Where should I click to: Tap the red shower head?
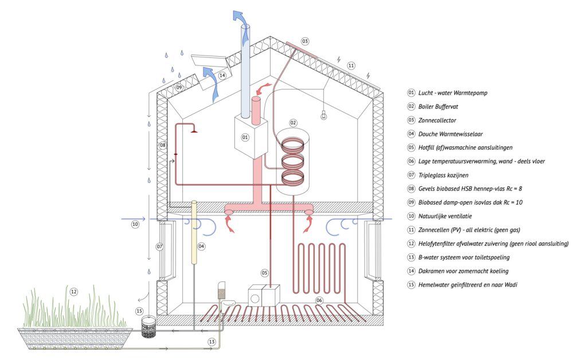click(194, 131)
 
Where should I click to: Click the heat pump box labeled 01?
click(251, 137)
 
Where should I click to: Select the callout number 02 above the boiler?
click(293, 123)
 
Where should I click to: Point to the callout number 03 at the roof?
click(305, 41)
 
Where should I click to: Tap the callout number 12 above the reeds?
click(74, 292)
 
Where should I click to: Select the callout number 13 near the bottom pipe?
click(212, 342)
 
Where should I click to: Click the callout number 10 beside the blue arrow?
click(135, 225)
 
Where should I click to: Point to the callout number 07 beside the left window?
click(160, 246)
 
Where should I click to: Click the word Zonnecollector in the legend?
click(437, 120)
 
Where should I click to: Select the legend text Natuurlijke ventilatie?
click(445, 216)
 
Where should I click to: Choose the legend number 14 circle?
click(412, 271)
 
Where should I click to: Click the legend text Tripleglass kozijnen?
click(443, 175)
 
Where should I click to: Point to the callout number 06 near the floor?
click(319, 300)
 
